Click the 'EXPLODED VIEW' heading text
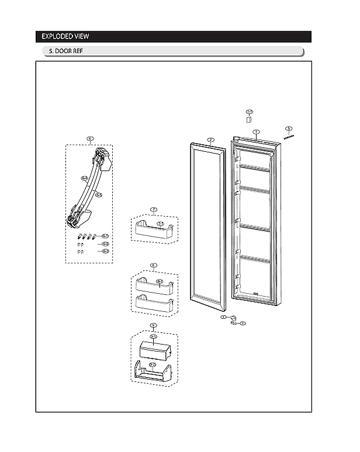pos(65,37)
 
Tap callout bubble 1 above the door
pos(256,133)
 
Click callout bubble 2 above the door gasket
pos(210,140)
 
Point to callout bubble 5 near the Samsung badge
pos(288,128)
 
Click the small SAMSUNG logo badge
pos(289,137)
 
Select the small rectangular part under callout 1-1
pos(248,119)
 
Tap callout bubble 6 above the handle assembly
pos(90,139)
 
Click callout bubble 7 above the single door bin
pos(153,210)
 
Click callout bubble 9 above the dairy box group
pos(153,325)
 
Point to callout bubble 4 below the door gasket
pos(223,317)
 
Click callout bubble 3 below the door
pos(243,322)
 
